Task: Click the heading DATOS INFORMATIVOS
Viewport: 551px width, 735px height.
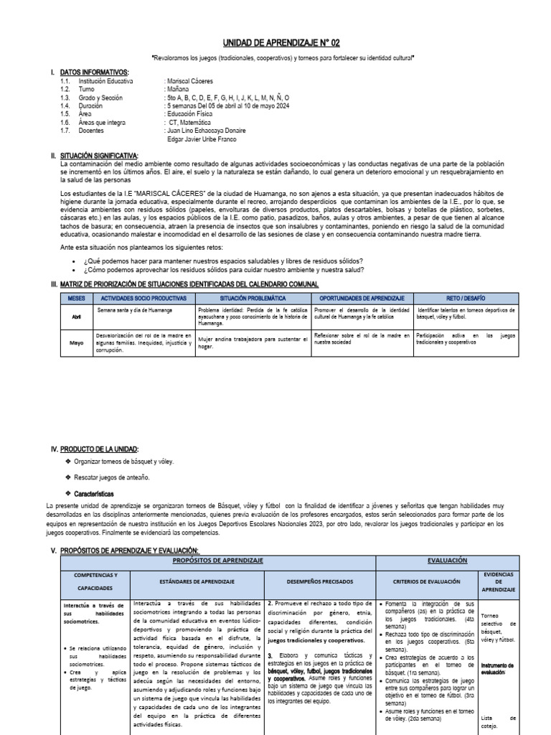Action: pos(95,73)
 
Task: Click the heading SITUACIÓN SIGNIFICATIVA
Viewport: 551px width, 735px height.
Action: pos(100,156)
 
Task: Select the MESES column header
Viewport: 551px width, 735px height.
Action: pos(76,297)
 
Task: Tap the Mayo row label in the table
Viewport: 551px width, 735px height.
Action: pos(76,343)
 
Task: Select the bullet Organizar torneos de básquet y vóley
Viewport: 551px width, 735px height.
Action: pos(123,462)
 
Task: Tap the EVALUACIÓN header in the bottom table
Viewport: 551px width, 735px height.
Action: pos(447,560)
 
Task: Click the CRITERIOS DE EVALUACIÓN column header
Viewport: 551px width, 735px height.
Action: pos(427,581)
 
